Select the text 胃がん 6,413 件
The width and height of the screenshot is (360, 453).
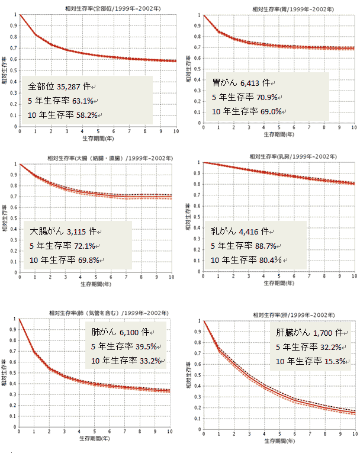242,83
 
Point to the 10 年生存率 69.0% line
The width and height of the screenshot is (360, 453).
247,111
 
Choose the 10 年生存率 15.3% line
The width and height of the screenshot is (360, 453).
309,361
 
